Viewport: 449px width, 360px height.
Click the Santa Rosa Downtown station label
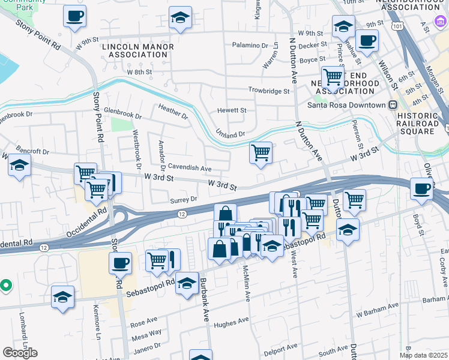pos(346,105)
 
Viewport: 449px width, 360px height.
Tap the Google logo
pos(20,353)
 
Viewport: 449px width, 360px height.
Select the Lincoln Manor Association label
pos(138,50)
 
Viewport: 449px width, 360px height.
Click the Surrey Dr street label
pos(184,199)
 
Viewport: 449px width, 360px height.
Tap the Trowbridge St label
pos(270,91)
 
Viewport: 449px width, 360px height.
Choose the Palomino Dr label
pos(250,46)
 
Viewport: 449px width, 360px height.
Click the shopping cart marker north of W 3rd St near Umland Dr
pos(261,153)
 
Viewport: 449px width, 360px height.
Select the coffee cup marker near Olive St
pos(421,188)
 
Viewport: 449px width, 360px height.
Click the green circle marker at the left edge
pos(5,286)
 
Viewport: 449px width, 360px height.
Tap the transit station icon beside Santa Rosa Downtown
pos(393,105)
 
